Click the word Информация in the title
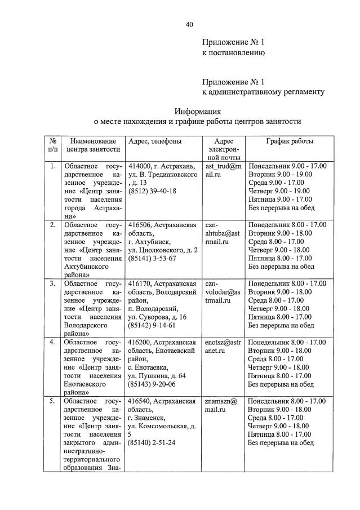pyautogui.click(x=197, y=111)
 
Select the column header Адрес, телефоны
pyautogui.click(x=155, y=141)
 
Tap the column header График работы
pyautogui.click(x=290, y=141)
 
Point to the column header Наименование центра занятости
pyautogui.click(x=93, y=145)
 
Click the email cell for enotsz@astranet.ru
pyautogui.click(x=223, y=346)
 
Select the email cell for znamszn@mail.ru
pyautogui.click(x=221, y=405)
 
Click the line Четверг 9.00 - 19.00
pyautogui.click(x=279, y=191)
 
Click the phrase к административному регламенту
pyautogui.click(x=263, y=91)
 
